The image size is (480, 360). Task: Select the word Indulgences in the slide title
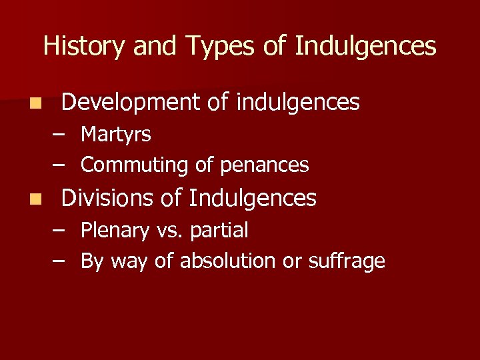point(365,47)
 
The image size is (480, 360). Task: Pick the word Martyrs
point(116,135)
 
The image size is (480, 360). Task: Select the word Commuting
point(135,165)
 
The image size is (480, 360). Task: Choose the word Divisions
point(107,198)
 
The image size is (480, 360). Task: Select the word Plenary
point(115,231)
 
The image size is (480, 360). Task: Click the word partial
point(219,231)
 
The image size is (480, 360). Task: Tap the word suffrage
point(347,261)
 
